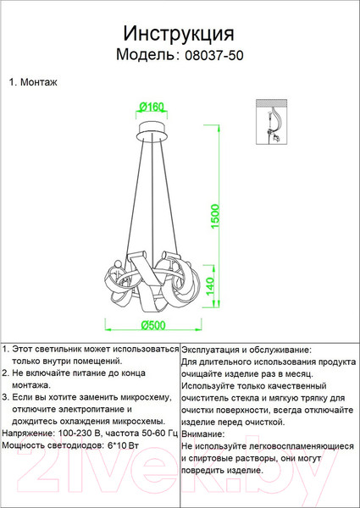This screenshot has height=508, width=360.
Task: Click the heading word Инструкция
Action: click(179, 33)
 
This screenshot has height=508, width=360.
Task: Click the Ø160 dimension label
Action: click(150, 107)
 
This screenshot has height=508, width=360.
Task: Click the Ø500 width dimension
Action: click(153, 326)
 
